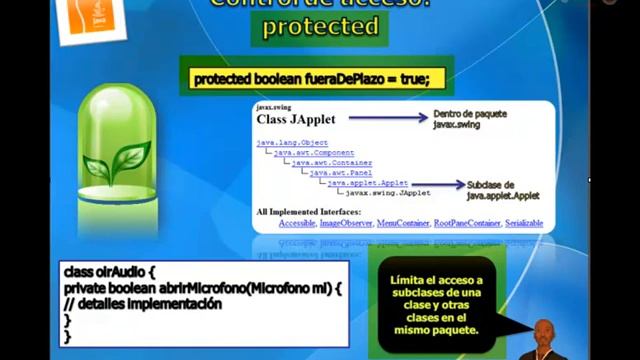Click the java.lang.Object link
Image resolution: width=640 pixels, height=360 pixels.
tap(292, 143)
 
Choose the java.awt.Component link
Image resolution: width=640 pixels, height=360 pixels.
tap(314, 153)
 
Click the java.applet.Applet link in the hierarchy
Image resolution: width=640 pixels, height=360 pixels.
tap(367, 183)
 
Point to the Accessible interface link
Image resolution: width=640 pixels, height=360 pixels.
tap(297, 223)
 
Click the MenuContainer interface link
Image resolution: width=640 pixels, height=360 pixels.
tap(402, 223)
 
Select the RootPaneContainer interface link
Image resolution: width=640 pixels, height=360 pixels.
tap(467, 223)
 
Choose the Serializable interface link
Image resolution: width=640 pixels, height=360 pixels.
tap(524, 223)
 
